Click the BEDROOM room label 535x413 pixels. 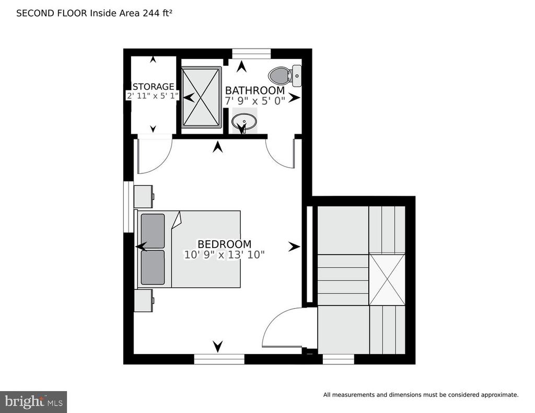[x=224, y=244]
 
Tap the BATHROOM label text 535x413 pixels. [x=254, y=91]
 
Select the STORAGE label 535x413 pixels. [x=153, y=87]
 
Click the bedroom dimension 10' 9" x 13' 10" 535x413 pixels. [x=224, y=255]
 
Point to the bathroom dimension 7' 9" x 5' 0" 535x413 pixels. [x=254, y=101]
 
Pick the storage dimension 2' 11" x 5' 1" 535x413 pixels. [x=153, y=96]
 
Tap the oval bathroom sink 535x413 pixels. [x=244, y=122]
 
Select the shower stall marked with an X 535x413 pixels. [x=201, y=97]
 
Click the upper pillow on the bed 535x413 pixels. [x=153, y=231]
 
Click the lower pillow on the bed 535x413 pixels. [x=153, y=267]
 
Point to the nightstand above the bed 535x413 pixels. [x=144, y=196]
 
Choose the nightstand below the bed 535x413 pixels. [x=144, y=300]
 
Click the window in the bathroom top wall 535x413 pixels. [x=251, y=54]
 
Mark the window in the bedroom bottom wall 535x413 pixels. [x=219, y=359]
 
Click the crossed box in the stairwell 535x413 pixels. [x=387, y=279]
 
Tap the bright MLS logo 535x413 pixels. [x=33, y=402]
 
